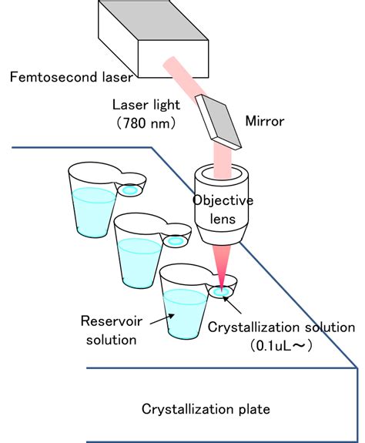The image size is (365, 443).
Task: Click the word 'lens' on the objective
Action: (x=222, y=217)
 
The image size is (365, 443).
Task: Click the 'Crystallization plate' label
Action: (x=206, y=408)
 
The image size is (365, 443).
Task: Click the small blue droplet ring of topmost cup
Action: (x=131, y=190)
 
